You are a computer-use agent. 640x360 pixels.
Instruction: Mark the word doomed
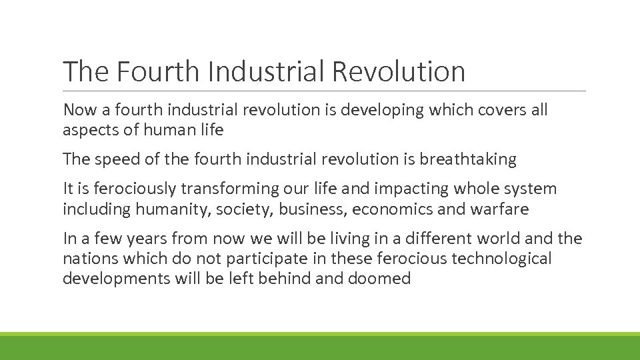point(379,278)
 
